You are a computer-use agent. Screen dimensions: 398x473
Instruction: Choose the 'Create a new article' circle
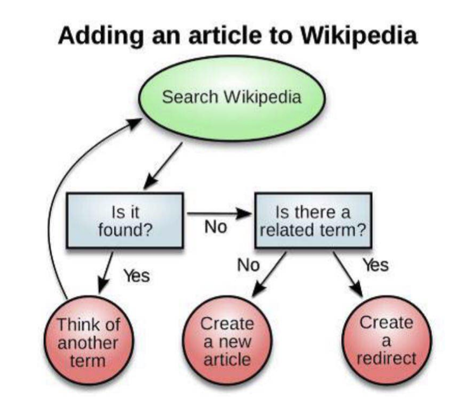227,340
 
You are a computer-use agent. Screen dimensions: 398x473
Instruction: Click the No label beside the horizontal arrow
216,228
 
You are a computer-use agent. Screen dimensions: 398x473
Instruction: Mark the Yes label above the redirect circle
375,265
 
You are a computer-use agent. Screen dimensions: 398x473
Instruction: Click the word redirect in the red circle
387,358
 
